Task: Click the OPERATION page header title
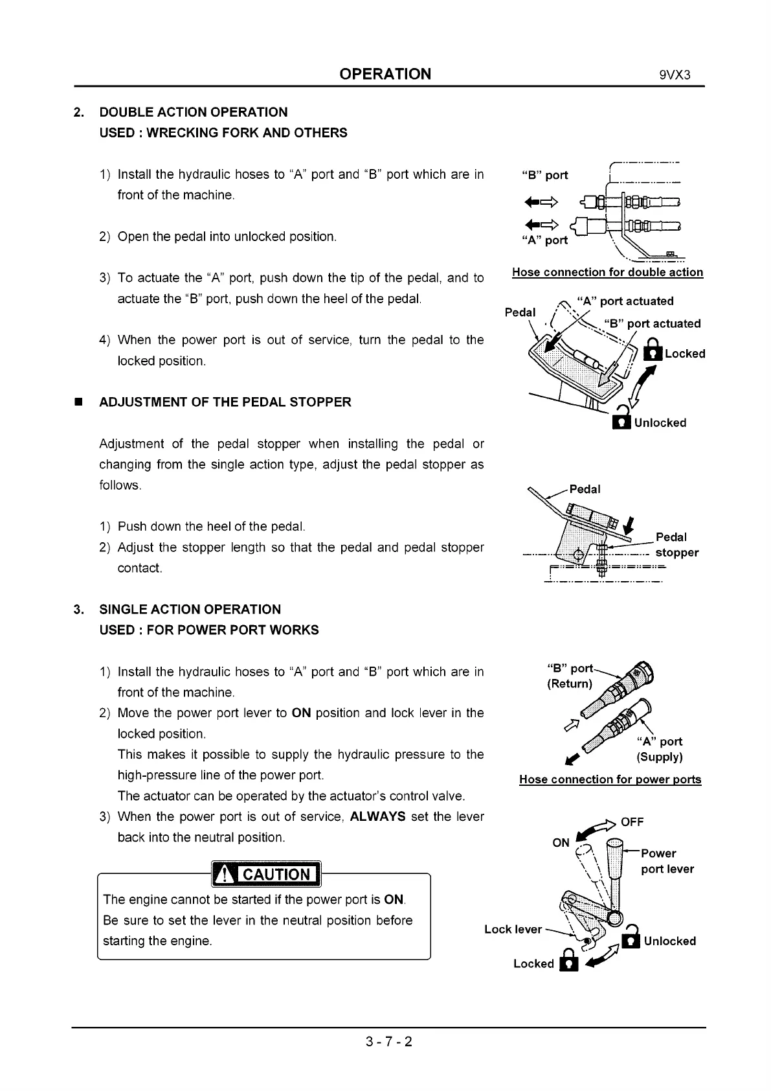385,74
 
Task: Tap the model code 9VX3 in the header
675,75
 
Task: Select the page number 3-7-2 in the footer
388,1042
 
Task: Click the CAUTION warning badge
266,875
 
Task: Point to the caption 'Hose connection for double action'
607,273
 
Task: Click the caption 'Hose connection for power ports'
610,779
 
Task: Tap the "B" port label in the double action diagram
544,175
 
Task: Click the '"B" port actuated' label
653,323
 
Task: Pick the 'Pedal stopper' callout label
676,545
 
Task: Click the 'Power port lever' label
667,861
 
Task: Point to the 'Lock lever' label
513,929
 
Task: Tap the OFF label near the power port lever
632,822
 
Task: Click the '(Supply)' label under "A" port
659,757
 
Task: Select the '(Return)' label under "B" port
570,684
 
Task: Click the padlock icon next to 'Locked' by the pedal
654,351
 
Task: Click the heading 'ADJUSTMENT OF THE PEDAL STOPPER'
225,402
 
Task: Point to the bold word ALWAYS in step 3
377,816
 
